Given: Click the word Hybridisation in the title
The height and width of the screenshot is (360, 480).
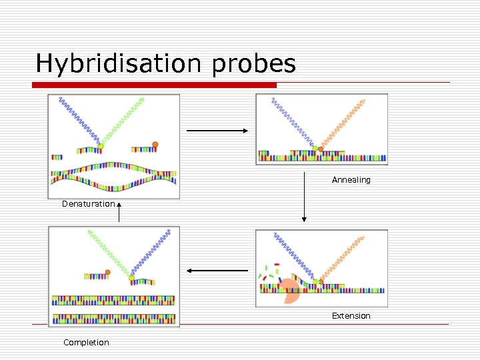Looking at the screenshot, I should point(123,64).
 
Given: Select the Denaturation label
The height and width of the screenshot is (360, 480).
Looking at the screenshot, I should point(88,204).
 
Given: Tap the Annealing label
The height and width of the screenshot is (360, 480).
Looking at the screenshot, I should point(351,180).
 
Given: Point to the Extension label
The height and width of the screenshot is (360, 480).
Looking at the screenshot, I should point(351,316).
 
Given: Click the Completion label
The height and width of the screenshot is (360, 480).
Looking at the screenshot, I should point(86,343).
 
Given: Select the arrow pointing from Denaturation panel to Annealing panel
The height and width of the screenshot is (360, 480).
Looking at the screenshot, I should point(217,131).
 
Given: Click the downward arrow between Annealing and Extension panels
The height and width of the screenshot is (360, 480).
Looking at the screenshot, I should point(304,197).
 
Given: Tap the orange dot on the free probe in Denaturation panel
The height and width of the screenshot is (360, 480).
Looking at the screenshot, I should point(155,144).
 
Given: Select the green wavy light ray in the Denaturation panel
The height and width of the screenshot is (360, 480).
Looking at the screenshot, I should point(124,120).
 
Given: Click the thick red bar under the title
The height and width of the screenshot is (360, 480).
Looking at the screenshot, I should point(155,85).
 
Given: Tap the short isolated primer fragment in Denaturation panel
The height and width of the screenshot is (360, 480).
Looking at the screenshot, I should point(57,157).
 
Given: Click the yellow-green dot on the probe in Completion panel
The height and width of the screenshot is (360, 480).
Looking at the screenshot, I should point(132,277).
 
